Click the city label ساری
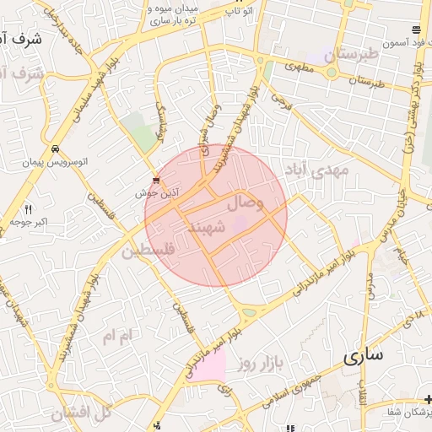[363, 355]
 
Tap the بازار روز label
[257, 364]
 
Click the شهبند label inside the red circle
[205, 227]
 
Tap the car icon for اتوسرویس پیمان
[55, 148]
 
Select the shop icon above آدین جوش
[156, 180]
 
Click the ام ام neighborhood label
[117, 336]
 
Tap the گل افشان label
[81, 413]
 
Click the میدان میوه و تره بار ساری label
[173, 14]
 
